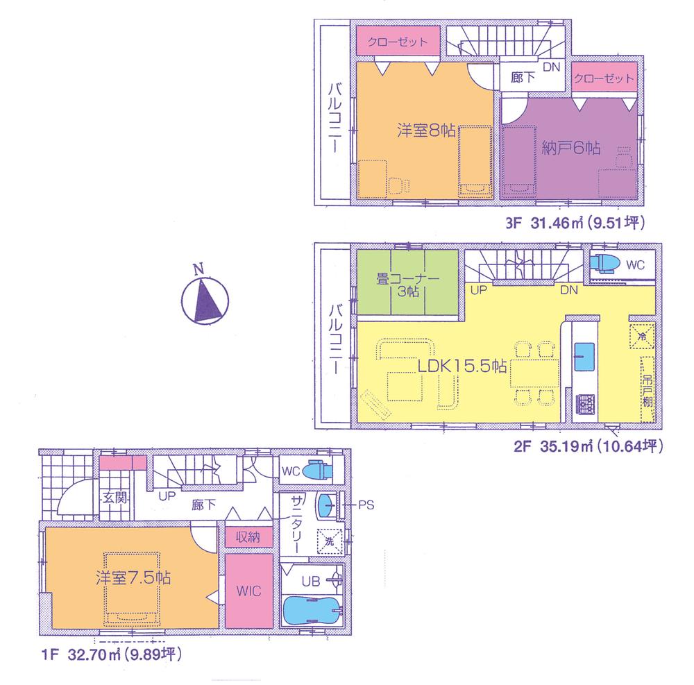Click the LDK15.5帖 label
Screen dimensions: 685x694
460,365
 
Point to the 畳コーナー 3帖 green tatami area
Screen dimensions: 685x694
407,285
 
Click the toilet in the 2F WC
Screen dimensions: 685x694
605,264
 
